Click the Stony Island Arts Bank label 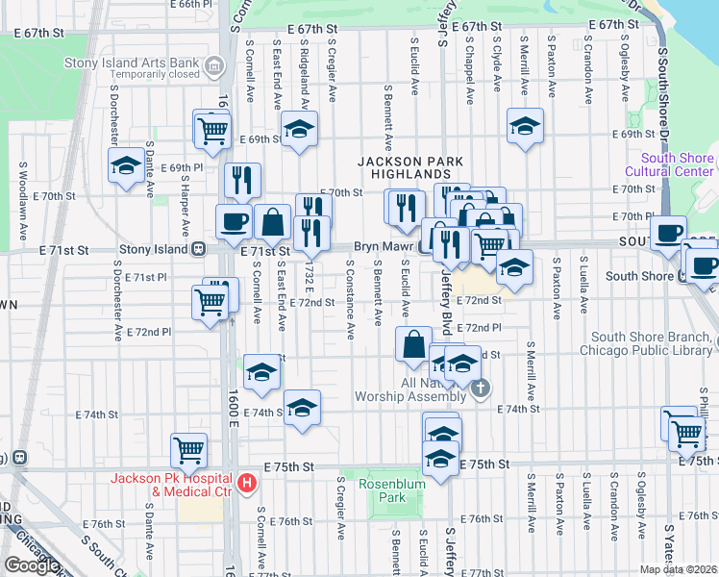click(x=131, y=63)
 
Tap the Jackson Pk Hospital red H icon click(x=247, y=483)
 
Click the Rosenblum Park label click(x=389, y=490)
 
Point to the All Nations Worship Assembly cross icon click(x=482, y=389)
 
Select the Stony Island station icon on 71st click(x=197, y=248)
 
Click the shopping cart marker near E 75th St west click(x=188, y=448)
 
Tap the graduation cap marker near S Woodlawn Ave click(x=126, y=165)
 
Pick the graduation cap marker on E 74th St click(x=302, y=408)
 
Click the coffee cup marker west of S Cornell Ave click(x=234, y=222)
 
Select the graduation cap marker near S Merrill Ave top click(x=524, y=127)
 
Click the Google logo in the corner click(x=32, y=566)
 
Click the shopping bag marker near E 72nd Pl click(x=413, y=343)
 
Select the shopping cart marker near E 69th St click(x=213, y=130)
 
